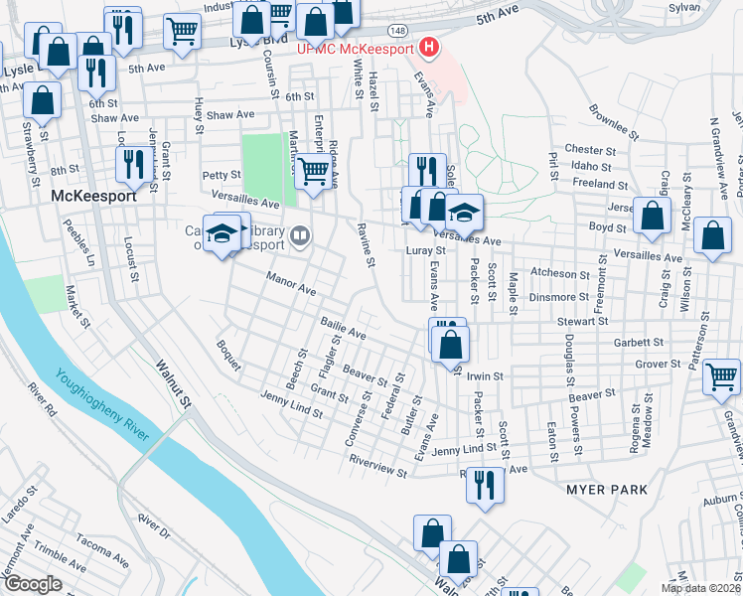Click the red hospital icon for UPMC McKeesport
(x=429, y=47)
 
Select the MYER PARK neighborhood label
(x=606, y=490)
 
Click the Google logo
(x=33, y=584)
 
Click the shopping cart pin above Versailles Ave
(x=315, y=171)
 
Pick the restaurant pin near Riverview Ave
(x=484, y=486)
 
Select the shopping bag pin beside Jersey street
(x=652, y=218)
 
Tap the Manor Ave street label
(x=290, y=284)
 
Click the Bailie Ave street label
(x=344, y=330)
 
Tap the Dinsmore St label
(x=559, y=296)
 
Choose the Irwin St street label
(x=487, y=376)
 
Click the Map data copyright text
(x=700, y=587)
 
